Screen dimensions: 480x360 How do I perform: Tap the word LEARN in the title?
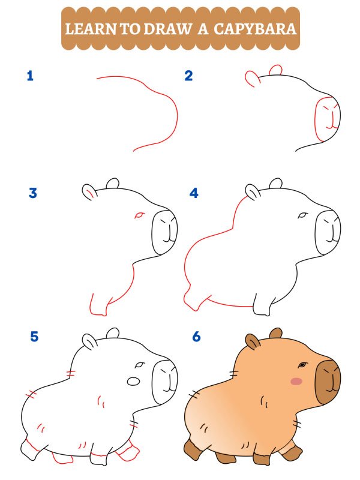tap(91, 28)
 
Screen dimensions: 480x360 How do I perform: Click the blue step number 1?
tap(30, 76)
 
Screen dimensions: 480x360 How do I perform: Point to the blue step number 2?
tap(189, 76)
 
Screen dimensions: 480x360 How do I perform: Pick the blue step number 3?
tap(33, 193)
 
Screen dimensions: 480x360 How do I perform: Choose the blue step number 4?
tap(194, 193)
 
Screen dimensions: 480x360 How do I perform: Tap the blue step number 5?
tap(34, 337)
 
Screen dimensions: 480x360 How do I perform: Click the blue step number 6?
tap(196, 337)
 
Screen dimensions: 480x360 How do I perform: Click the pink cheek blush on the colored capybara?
tap(296, 381)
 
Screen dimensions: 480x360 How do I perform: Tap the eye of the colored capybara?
tap(303, 365)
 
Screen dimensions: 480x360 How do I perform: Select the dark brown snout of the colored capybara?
tap(328, 382)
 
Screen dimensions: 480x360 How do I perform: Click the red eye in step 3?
tap(139, 214)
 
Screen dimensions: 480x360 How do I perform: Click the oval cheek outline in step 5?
tap(134, 381)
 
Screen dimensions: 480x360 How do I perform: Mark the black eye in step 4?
tap(303, 215)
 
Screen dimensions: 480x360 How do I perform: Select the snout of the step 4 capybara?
tap(328, 231)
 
